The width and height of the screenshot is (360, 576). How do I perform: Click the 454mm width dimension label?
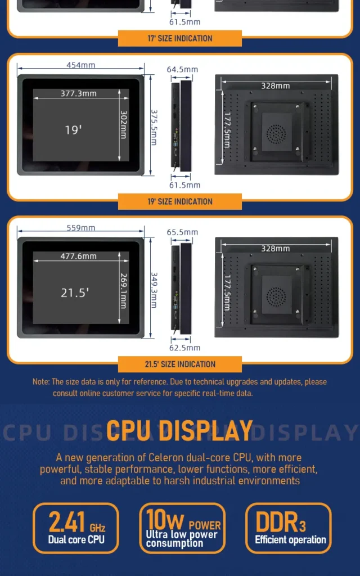81,65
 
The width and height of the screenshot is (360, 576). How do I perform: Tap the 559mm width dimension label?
81,228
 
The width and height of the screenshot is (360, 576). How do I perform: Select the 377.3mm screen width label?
79,93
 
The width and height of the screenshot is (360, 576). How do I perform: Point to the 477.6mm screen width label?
79,256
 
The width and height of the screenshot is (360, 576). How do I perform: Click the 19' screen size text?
74,130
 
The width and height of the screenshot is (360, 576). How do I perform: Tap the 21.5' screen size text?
75,292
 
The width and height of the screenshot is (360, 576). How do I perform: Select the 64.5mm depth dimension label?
182,69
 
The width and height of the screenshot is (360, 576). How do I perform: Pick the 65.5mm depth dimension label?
182,232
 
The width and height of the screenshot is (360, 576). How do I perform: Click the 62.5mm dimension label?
184,348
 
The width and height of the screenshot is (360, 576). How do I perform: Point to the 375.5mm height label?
154,128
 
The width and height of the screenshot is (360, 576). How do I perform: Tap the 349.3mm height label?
154,290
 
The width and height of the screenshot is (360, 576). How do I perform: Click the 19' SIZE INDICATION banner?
180,201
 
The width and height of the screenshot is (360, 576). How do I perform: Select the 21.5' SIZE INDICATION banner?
180,364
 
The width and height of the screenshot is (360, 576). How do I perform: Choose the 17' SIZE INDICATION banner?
180,38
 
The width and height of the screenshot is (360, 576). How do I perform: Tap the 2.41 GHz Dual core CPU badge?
76,528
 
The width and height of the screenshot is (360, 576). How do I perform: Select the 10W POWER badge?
182,528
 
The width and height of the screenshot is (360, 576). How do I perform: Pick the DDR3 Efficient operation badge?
289,528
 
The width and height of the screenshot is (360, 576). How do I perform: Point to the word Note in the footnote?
40,382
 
